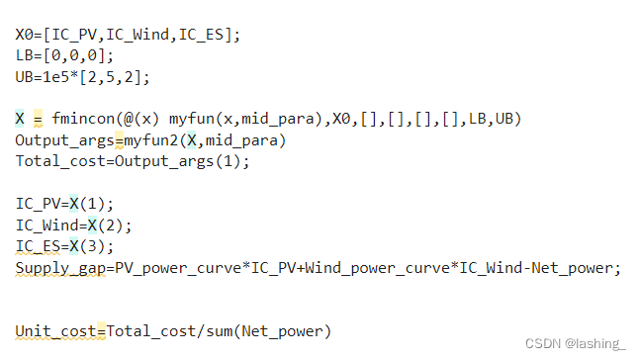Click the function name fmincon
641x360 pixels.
pyautogui.click(x=83, y=119)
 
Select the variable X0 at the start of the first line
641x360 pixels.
pyautogui.click(x=24, y=35)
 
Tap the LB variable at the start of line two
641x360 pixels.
pyautogui.click(x=24, y=55)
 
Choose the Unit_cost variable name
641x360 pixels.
pyautogui.click(x=55, y=330)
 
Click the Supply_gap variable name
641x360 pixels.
pyautogui.click(x=60, y=267)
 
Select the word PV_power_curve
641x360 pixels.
pyautogui.click(x=176, y=267)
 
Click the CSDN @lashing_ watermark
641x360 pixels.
pyautogui.click(x=575, y=343)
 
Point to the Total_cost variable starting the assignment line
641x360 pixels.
pyautogui.click(x=59, y=160)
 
